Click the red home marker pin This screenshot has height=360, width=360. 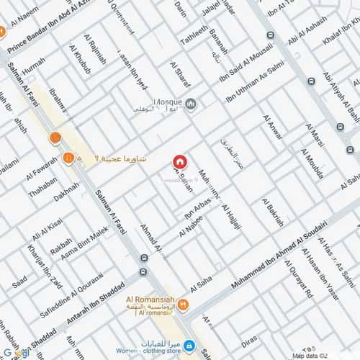(x=179, y=162)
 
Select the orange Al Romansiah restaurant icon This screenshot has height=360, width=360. (x=183, y=305)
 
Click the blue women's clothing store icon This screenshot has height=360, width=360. (x=189, y=346)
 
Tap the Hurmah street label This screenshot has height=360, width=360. (x=33, y=68)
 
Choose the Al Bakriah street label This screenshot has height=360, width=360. (x=273, y=212)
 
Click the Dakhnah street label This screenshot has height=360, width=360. (x=66, y=191)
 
